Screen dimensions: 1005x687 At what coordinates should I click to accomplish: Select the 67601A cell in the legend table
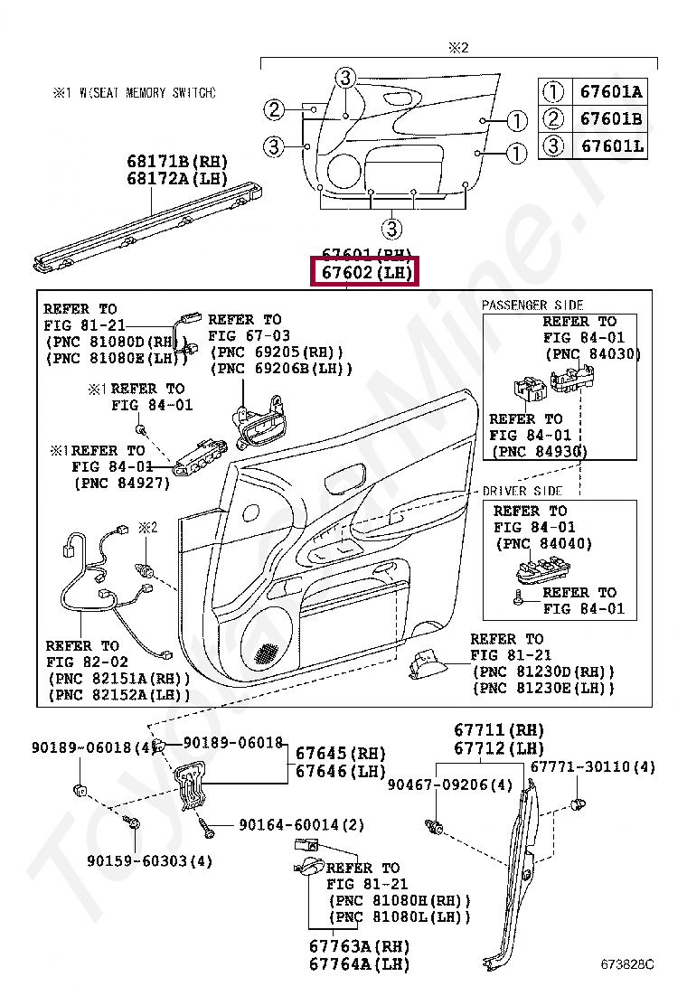click(x=611, y=91)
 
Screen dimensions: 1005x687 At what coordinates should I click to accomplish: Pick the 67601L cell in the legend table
click(x=611, y=145)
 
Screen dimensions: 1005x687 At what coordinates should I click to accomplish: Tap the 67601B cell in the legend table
click(x=611, y=118)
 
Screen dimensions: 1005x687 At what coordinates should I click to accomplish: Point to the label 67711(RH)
click(x=499, y=729)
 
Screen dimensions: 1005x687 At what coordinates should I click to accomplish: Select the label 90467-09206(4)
click(x=450, y=784)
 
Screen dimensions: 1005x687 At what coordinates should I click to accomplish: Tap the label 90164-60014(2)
click(x=302, y=824)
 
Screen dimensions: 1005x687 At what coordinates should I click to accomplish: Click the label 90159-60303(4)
click(x=150, y=860)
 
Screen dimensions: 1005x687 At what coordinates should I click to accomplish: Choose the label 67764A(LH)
click(x=359, y=964)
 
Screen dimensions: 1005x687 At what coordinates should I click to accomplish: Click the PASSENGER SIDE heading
click(x=532, y=305)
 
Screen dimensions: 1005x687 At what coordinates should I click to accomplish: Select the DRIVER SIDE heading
click(x=522, y=491)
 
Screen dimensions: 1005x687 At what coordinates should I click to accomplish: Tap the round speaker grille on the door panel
click(x=268, y=648)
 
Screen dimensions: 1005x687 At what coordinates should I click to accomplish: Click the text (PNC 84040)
click(x=543, y=543)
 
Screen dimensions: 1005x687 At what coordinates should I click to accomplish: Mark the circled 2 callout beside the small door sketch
click(x=274, y=110)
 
